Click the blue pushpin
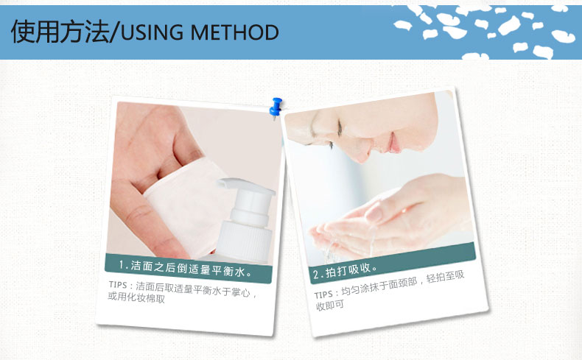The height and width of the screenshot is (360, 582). coord(276,107)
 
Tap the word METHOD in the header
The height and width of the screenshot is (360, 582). coord(234,32)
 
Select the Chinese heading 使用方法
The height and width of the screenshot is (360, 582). coord(60,32)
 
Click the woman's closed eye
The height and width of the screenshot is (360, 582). coord(339,129)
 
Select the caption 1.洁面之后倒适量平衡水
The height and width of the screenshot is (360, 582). coord(186,268)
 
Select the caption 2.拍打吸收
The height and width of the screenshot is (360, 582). coord(346,271)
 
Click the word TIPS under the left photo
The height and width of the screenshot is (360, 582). coord(118,285)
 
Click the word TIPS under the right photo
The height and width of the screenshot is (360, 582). coord(323,294)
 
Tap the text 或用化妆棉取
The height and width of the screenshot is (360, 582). coord(136,297)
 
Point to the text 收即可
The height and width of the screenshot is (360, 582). coord(330,306)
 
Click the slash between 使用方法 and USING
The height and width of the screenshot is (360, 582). coord(116,32)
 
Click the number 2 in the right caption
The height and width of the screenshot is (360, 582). coord(316,275)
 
